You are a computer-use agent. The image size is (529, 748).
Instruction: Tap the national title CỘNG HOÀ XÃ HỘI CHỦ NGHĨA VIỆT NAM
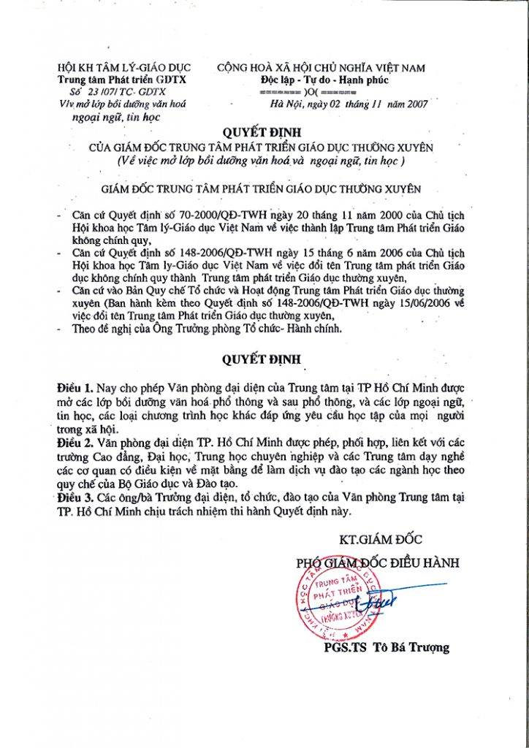click(321, 68)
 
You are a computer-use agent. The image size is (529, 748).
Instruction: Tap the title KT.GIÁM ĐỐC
click(381, 541)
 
